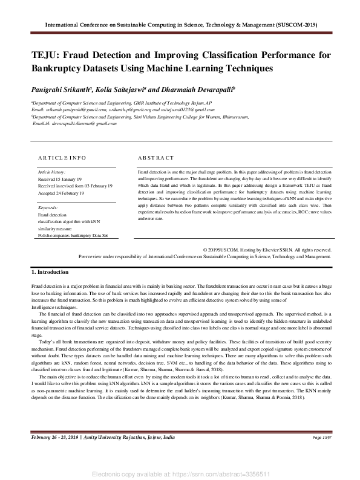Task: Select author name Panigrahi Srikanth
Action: pos(61,89)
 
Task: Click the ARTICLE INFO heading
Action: pos(62,157)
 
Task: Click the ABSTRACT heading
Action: pos(156,157)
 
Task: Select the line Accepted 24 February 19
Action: pos(61,193)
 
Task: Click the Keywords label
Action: pos(48,207)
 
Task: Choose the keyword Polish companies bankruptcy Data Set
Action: pos(73,236)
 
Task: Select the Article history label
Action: pos(51,172)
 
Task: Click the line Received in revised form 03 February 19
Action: pos(75,186)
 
